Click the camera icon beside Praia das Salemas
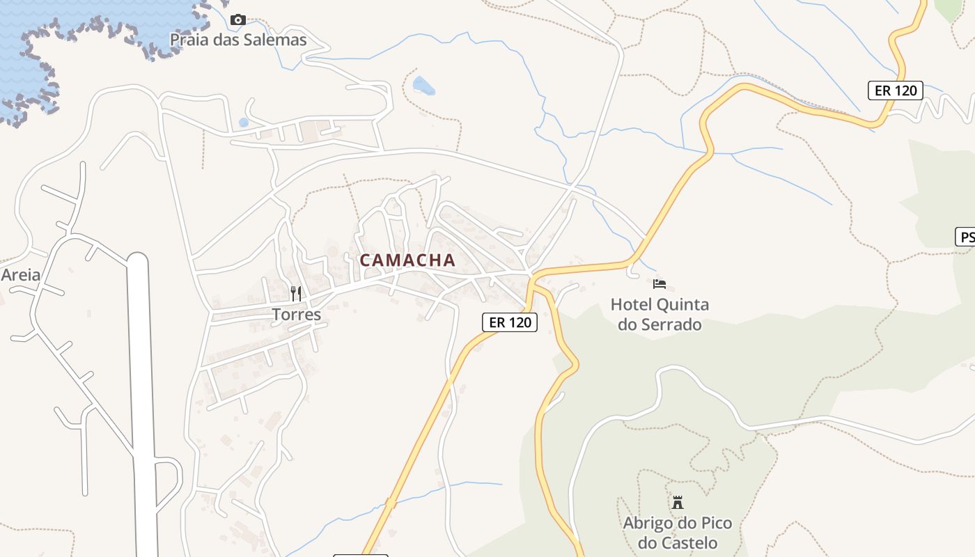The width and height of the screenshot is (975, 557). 238,19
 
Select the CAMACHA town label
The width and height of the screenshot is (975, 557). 407,260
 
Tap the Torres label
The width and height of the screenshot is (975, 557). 297,315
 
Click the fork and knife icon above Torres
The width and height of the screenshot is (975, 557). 296,293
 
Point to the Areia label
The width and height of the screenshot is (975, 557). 20,274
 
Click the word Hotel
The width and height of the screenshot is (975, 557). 632,304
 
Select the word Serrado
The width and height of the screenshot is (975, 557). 669,324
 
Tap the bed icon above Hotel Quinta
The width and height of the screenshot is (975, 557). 660,283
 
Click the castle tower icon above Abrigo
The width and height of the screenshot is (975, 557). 678,502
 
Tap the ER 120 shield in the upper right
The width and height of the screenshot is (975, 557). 895,91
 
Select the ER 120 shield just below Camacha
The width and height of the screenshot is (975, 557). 510,322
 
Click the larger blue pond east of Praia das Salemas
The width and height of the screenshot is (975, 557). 423,86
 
